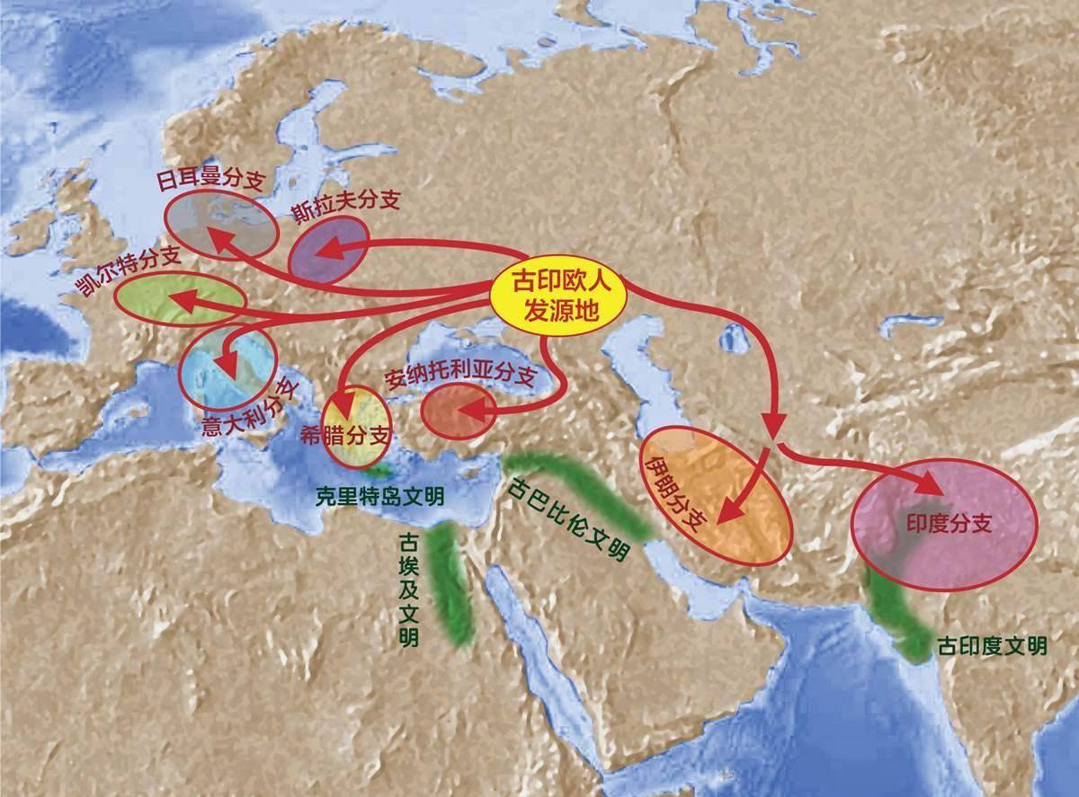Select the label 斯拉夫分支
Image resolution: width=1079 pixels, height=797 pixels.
(346, 206)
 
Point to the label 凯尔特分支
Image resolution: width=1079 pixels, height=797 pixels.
(129, 270)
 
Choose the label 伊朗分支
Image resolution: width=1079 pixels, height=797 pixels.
(674, 491)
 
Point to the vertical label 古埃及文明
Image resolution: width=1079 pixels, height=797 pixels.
(406, 588)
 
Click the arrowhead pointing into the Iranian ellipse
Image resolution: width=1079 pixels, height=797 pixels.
(733, 513)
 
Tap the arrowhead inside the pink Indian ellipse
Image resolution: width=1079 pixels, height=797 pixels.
(931, 484)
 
